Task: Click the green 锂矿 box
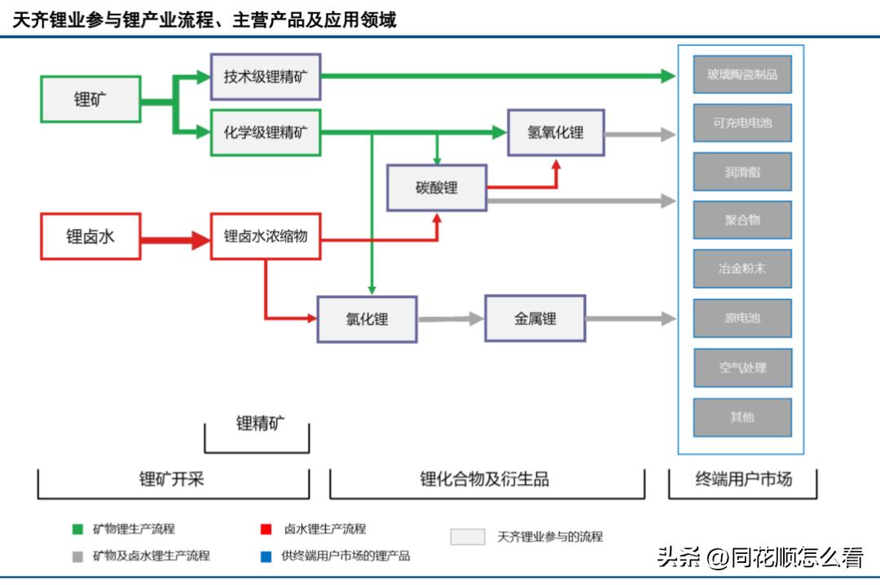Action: (x=90, y=99)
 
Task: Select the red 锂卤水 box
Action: (x=90, y=236)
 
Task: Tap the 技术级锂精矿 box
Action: (x=266, y=77)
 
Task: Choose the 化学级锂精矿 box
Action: (x=266, y=132)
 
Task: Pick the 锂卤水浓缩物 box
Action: (x=266, y=236)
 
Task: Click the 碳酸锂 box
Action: (x=437, y=188)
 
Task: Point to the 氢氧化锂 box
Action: (x=556, y=132)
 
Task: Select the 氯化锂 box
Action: (x=367, y=319)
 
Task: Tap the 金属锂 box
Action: (x=535, y=319)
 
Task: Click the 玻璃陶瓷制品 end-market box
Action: (x=742, y=74)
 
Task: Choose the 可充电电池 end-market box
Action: (x=742, y=123)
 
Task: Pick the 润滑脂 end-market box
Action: (x=742, y=172)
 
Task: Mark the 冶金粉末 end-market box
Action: (x=742, y=268)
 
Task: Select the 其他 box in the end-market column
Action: (x=742, y=417)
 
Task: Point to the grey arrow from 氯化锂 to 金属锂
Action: (x=451, y=319)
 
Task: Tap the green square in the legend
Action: (x=77, y=530)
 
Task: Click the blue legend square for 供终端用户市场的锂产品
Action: (x=266, y=556)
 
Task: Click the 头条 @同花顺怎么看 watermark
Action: (x=759, y=557)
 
